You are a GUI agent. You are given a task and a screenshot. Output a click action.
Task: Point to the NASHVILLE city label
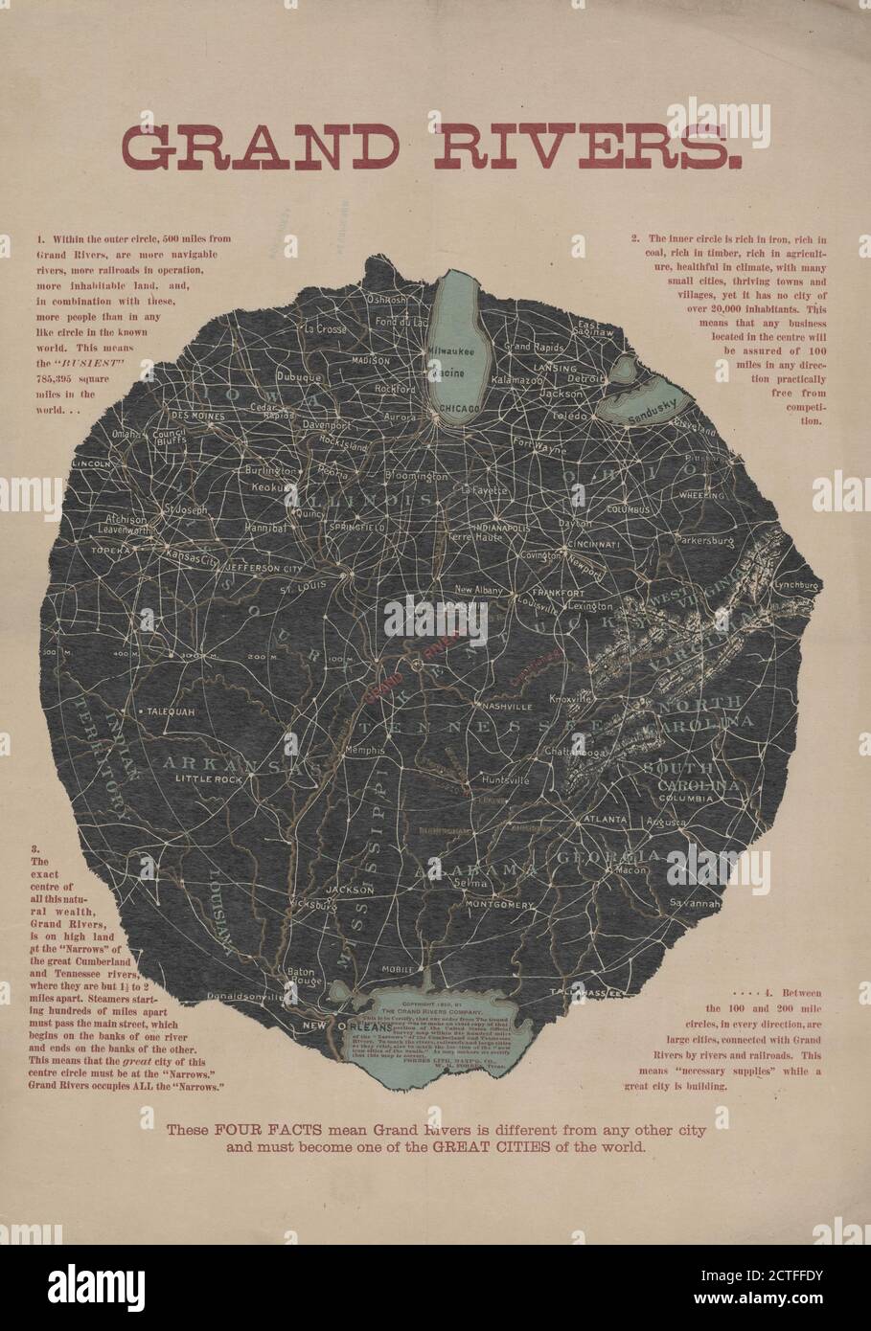pos(504,706)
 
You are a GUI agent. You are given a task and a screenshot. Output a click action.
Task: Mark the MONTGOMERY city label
pos(499,903)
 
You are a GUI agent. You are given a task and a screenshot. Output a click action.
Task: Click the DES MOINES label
pos(197,417)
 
